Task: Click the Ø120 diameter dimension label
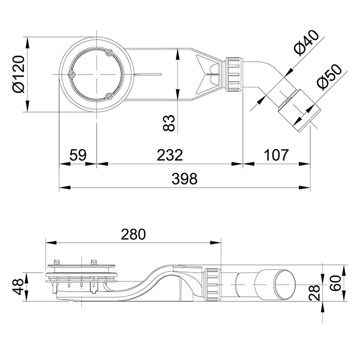[16, 74]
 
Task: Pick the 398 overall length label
[185, 178]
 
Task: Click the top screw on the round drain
[109, 51]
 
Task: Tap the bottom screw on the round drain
[109, 95]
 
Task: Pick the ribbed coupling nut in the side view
[213, 284]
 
